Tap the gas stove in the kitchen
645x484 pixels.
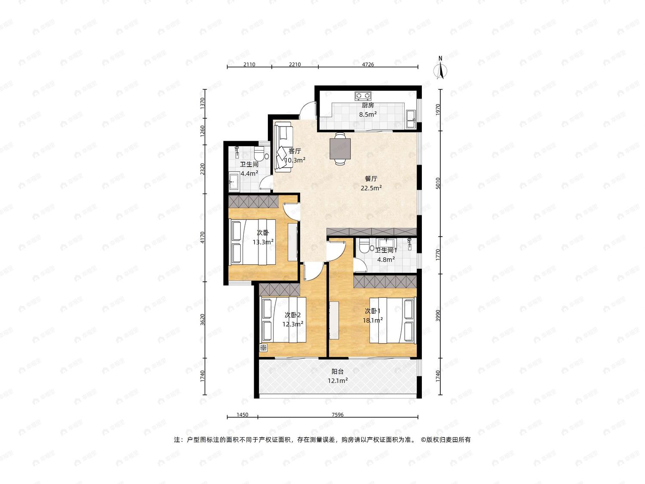(363, 95)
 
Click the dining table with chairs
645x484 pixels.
(340, 149)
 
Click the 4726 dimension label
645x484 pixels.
(368, 65)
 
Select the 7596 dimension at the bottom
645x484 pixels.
(338, 415)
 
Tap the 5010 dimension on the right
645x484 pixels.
(438, 183)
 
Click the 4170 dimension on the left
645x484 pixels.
(202, 237)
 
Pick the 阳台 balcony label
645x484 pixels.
(338, 371)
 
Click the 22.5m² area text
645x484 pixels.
(371, 188)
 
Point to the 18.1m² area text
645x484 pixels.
(373, 320)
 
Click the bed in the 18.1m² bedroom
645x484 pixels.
(393, 320)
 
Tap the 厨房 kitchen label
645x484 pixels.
(368, 105)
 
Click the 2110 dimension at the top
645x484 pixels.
(249, 65)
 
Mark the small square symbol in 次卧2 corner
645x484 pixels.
(263, 348)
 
